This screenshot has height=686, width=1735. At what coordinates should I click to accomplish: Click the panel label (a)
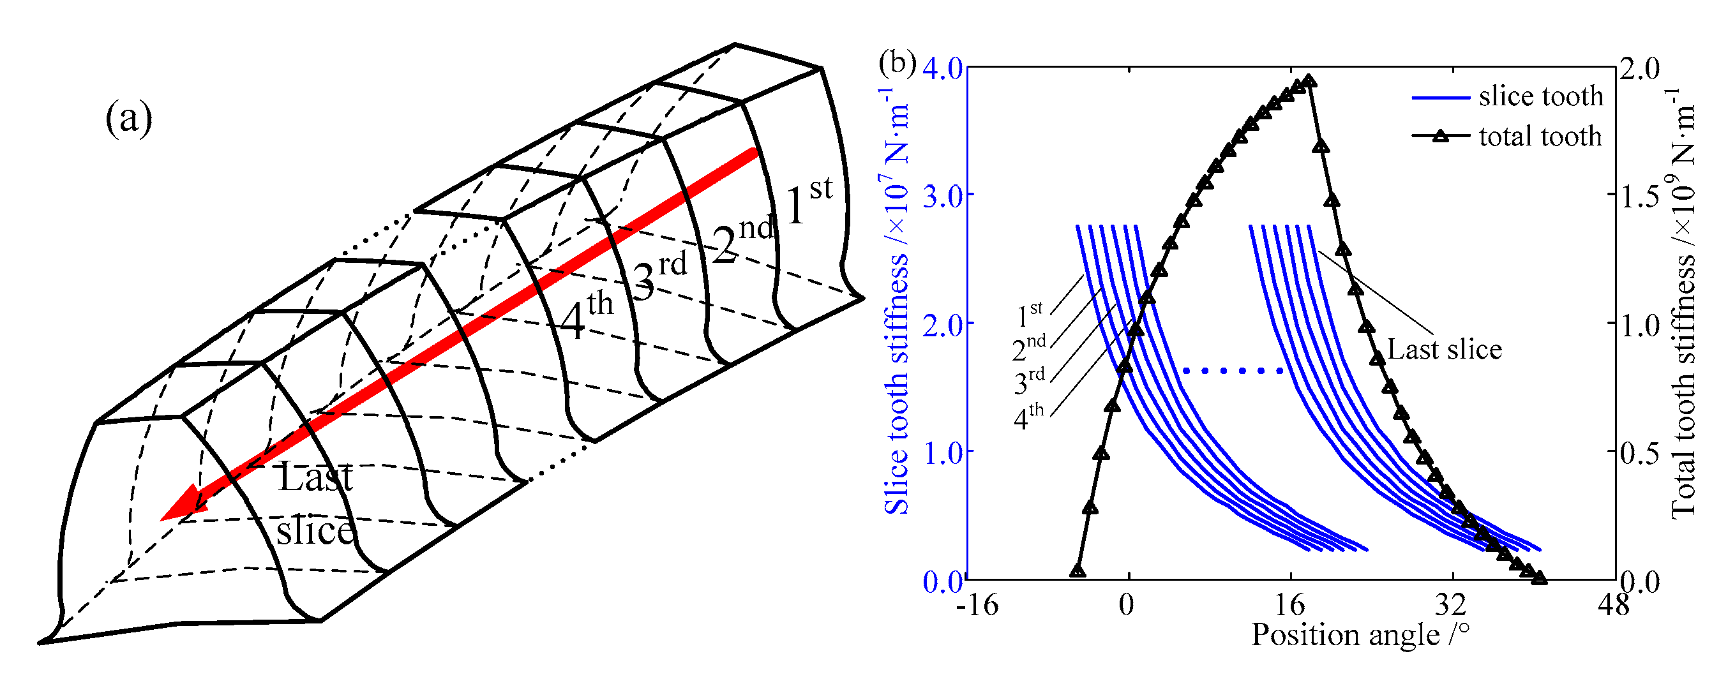(x=129, y=119)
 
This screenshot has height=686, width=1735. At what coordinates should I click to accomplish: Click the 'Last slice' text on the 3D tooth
(x=315, y=503)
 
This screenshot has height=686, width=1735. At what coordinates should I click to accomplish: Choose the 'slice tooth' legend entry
(x=1540, y=97)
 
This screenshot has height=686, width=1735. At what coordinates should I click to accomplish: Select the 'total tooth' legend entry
(x=1540, y=137)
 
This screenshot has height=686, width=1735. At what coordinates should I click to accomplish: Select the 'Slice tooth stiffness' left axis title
(x=896, y=309)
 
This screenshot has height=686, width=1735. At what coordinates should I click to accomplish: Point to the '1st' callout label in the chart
(x=1029, y=313)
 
